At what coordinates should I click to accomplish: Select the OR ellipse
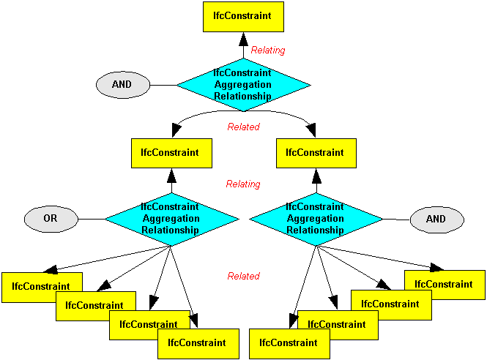tap(51, 218)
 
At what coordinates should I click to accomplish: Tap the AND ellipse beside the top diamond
tap(122, 85)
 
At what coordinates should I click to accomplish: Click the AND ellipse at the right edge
tap(436, 219)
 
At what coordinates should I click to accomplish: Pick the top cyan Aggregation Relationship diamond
tap(242, 85)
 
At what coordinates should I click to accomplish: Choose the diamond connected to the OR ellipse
tap(171, 219)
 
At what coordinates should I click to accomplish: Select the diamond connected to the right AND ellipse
tap(316, 219)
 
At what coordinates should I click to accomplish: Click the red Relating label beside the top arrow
tap(268, 50)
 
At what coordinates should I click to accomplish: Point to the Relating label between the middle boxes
tap(243, 184)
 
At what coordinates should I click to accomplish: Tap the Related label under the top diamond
tap(243, 127)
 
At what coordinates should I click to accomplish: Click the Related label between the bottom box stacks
tap(243, 277)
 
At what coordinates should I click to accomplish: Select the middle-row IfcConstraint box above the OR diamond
tap(171, 153)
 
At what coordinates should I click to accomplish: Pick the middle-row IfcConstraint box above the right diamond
tap(316, 153)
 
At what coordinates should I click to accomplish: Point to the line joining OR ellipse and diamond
tap(91, 219)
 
